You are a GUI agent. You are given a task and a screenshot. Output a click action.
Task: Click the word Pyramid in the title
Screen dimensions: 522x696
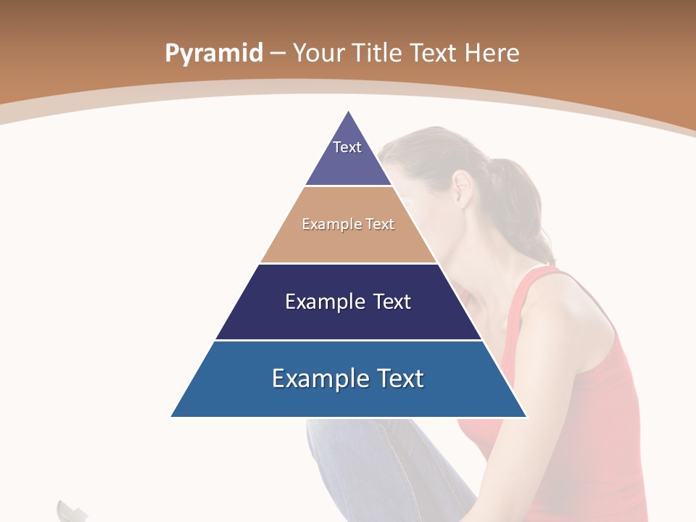(213, 54)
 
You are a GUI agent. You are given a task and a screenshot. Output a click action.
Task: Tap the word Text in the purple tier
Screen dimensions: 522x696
(347, 147)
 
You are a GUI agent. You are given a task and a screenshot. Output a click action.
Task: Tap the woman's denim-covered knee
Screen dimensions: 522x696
(341, 442)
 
